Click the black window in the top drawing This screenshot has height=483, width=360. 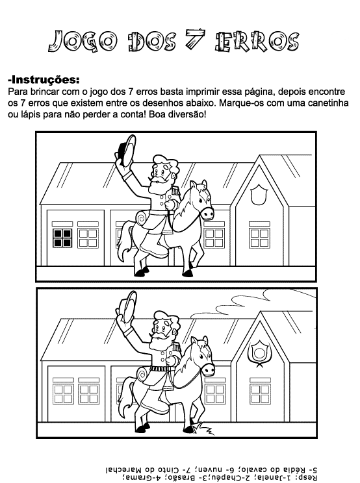click(62, 238)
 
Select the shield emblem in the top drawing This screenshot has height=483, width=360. click(259, 195)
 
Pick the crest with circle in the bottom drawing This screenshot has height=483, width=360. click(259, 352)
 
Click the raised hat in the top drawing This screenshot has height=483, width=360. click(127, 151)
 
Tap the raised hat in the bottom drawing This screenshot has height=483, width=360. click(129, 306)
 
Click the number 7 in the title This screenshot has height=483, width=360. click(195, 40)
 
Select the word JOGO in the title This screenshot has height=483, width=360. click(83, 41)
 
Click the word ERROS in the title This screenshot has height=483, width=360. click(257, 42)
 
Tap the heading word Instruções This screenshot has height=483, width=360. click(44, 80)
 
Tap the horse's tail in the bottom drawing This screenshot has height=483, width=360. click(125, 395)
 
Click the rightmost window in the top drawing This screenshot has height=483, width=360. click(259, 238)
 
